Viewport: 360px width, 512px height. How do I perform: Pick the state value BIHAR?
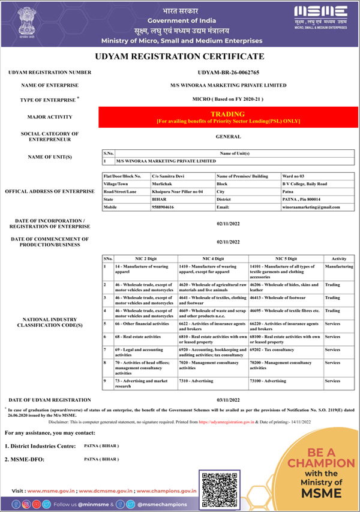159,199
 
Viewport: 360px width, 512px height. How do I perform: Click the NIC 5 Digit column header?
286,258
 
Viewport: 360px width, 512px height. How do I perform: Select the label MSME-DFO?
25,460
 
